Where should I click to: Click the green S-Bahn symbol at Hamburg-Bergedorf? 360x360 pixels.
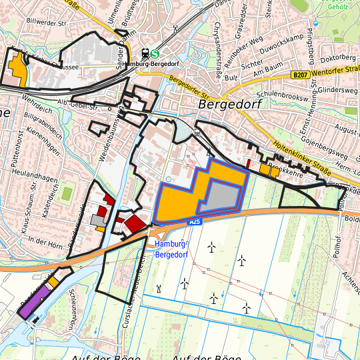tap(155, 55)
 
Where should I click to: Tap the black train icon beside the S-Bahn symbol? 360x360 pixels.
tap(144, 55)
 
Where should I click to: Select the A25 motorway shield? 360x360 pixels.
tap(195, 221)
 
